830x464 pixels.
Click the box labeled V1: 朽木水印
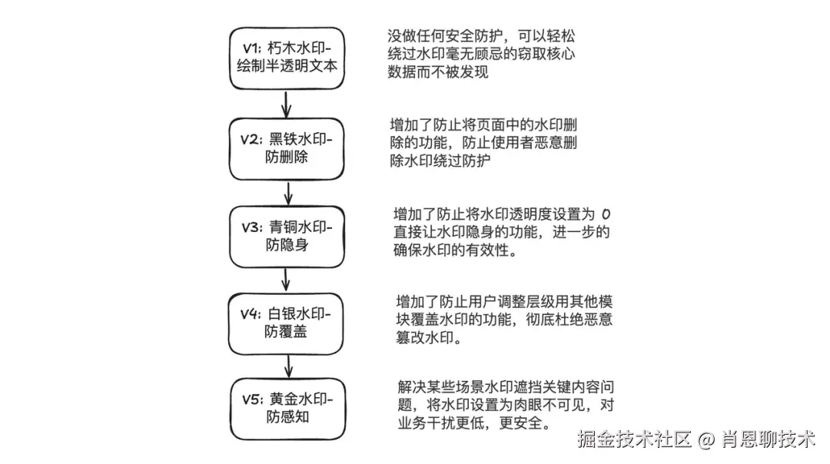click(287, 58)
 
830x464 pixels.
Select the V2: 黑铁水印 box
click(286, 148)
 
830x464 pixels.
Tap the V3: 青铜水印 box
click(286, 236)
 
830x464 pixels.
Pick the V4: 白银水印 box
click(286, 323)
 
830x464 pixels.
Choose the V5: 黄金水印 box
click(286, 409)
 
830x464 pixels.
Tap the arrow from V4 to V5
click(287, 366)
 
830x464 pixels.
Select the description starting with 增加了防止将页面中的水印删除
click(484, 143)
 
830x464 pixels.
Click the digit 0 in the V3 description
click(606, 213)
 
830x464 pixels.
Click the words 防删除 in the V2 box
click(286, 157)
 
